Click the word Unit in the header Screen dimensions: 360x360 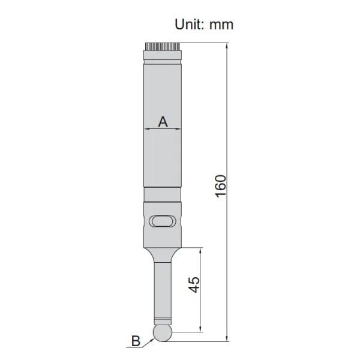[x=188, y=24]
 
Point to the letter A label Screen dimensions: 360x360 [x=162, y=121]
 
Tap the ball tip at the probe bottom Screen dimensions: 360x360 [x=161, y=334]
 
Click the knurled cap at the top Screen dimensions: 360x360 [x=162, y=46]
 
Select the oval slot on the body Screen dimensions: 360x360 [x=162, y=221]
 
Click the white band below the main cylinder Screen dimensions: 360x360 [x=162, y=196]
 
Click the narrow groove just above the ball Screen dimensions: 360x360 [x=162, y=319]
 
